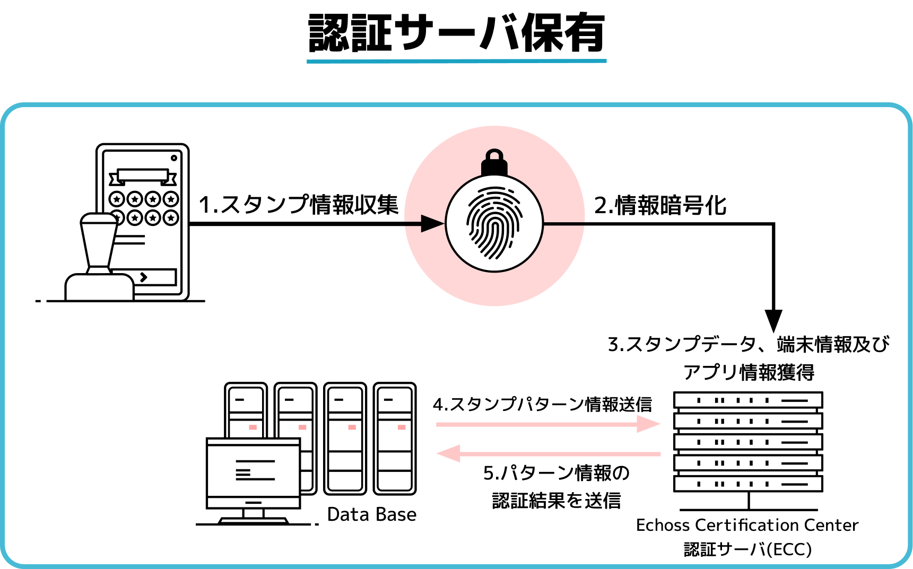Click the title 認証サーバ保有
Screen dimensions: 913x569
[456, 33]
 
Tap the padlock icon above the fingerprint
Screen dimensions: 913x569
[494, 162]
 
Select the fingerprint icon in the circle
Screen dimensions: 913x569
[494, 223]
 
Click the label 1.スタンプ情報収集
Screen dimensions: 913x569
[299, 205]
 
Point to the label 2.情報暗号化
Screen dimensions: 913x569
[660, 205]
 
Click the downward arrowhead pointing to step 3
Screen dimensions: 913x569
[773, 321]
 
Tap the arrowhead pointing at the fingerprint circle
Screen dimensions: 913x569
[433, 224]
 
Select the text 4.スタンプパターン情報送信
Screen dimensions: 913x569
[542, 404]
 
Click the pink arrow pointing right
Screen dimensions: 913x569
[548, 424]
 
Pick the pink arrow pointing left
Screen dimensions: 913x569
[548, 454]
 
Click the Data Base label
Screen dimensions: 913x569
[372, 514]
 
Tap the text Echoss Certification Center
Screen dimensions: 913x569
[747, 525]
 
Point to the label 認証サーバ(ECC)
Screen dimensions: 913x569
[747, 549]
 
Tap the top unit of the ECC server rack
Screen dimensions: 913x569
[748, 400]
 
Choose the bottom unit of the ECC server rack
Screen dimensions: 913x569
[748, 484]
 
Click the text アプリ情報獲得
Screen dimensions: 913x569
[749, 372]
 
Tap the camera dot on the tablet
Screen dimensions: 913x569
[173, 157]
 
